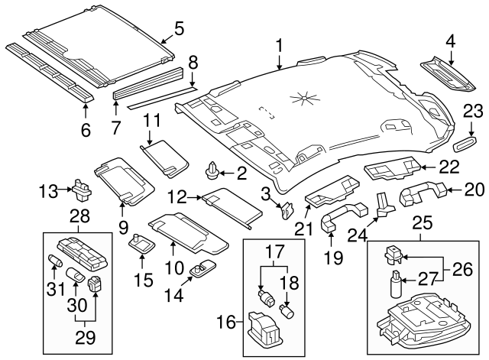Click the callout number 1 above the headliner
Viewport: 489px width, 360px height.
pos(280,45)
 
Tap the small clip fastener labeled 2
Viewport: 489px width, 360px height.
pos(213,170)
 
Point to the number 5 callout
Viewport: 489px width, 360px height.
pos(179,29)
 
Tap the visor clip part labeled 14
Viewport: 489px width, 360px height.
pos(203,268)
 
